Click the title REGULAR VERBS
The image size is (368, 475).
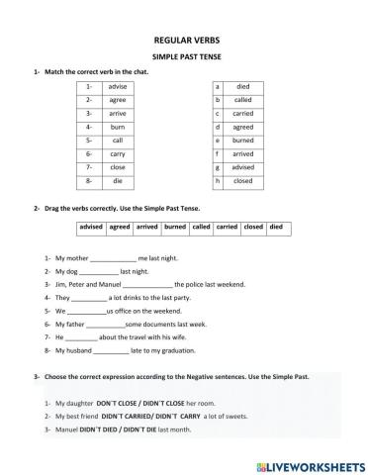pyautogui.click(x=184, y=41)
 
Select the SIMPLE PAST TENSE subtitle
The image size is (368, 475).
pyautogui.click(x=184, y=58)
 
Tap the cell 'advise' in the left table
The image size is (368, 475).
pyautogui.click(x=118, y=87)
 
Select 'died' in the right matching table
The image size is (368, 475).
pyautogui.click(x=242, y=87)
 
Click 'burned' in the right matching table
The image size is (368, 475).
pyautogui.click(x=242, y=142)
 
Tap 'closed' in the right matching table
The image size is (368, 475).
pyautogui.click(x=242, y=182)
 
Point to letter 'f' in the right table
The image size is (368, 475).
pyautogui.click(x=217, y=154)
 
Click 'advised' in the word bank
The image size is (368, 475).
pyautogui.click(x=92, y=228)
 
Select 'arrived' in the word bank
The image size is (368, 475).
pyautogui.click(x=147, y=228)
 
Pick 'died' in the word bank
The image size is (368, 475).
pyautogui.click(x=276, y=228)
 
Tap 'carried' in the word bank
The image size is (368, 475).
pyautogui.click(x=227, y=228)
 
